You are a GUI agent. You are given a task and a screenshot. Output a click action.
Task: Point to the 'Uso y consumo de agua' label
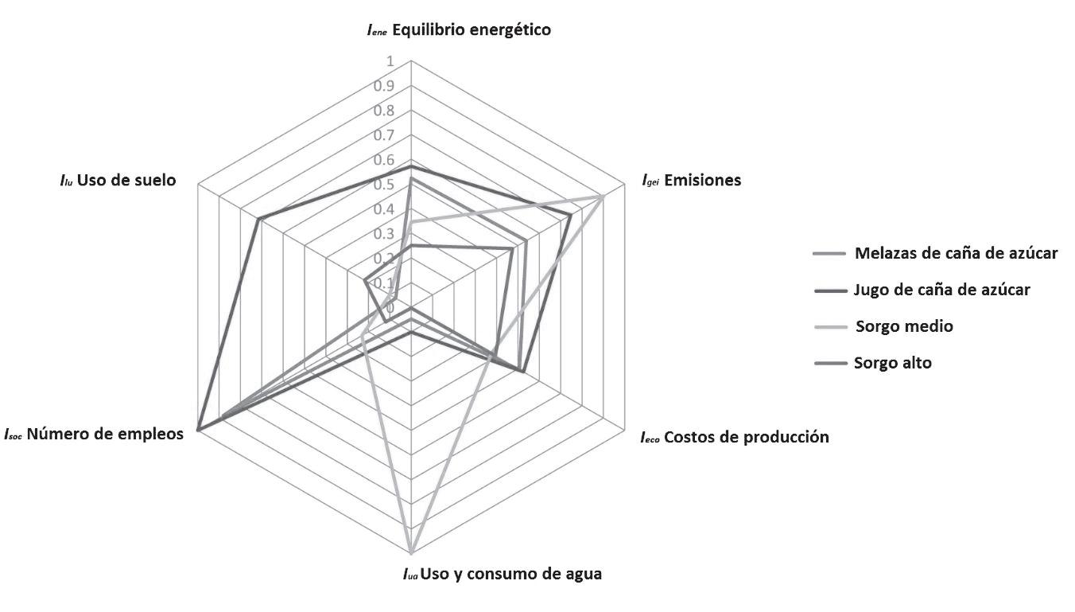click(x=502, y=573)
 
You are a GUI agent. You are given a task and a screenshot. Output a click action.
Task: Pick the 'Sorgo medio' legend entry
click(x=904, y=326)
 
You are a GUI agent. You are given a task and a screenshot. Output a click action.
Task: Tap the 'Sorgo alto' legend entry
click(x=893, y=363)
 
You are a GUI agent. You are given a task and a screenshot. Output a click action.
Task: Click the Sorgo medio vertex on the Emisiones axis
click(x=603, y=195)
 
